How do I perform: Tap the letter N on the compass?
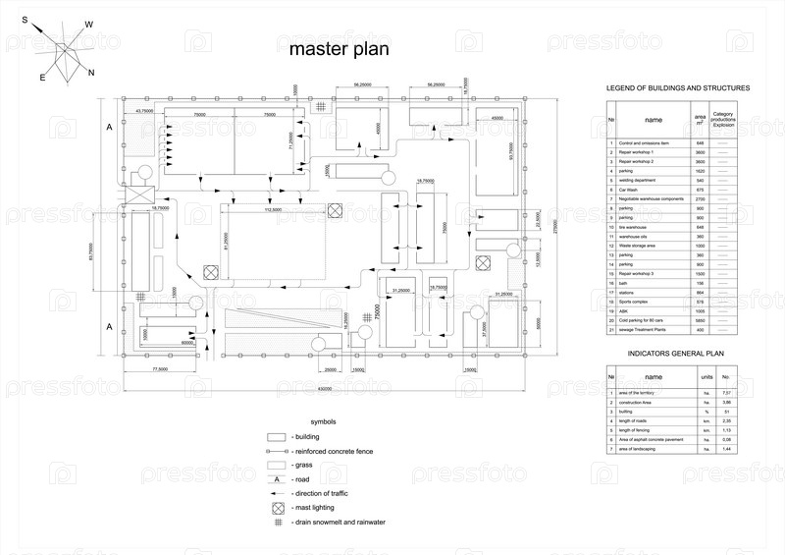91,73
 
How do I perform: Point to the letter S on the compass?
25,19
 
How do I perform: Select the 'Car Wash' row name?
627,190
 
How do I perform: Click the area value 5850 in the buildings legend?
700,320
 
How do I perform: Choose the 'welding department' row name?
637,181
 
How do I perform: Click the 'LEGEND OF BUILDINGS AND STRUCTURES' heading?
678,88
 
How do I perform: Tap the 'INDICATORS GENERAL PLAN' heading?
675,351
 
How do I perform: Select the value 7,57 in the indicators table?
726,393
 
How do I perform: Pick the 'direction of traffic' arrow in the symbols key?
277,492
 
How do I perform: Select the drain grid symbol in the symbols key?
277,523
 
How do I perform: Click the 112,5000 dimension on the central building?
274,209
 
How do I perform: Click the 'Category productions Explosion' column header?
723,120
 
